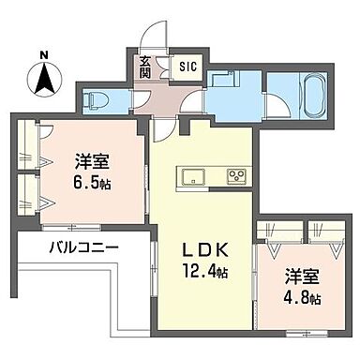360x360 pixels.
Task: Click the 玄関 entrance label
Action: click(146, 68)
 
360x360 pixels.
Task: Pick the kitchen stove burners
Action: click(234, 174)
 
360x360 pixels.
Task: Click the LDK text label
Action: click(202, 251)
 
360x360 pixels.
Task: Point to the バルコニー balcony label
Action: click(83, 249)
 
